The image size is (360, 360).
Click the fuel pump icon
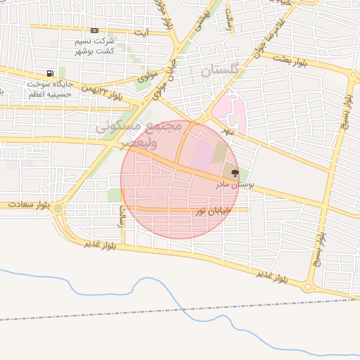[x=49, y=74]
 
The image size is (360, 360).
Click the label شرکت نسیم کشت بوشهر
[x=94, y=46]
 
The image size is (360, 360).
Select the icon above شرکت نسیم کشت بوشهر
[x=95, y=31]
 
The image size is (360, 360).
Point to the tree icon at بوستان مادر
[x=235, y=173]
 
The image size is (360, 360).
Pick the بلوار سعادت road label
[x=30, y=205]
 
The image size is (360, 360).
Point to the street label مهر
[x=226, y=131]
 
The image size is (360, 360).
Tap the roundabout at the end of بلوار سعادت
[x=58, y=208]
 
